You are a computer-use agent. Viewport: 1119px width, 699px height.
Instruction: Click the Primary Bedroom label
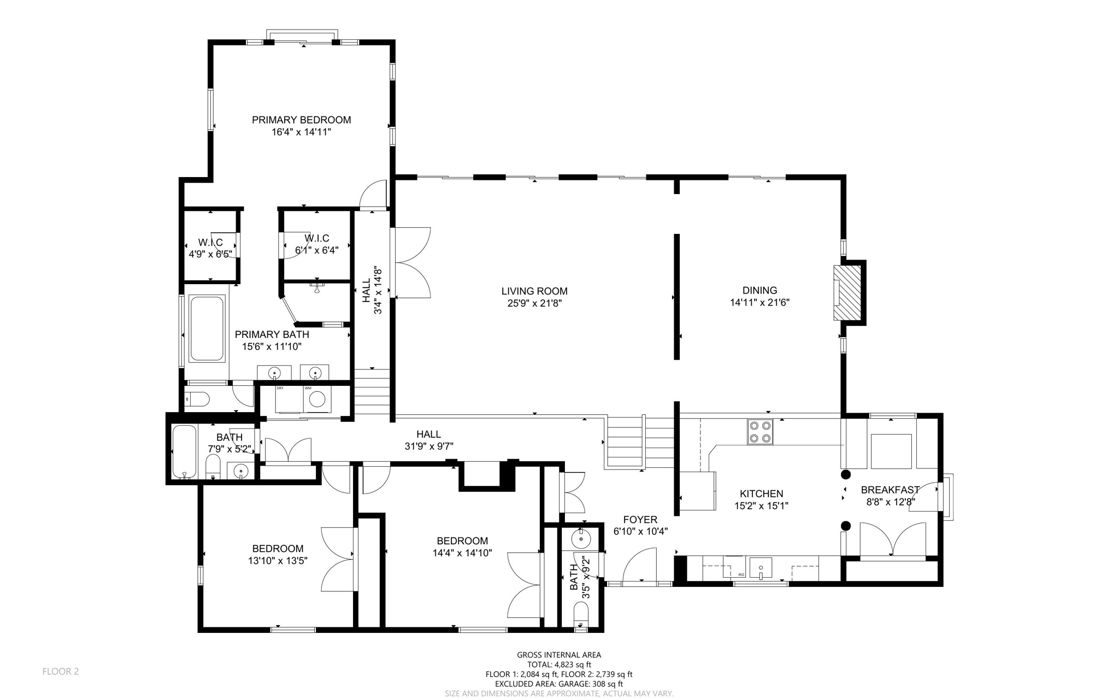[x=301, y=120]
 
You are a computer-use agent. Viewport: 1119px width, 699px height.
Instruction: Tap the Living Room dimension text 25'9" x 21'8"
[x=534, y=303]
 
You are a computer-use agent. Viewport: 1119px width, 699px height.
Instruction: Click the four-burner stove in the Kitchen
[x=760, y=431]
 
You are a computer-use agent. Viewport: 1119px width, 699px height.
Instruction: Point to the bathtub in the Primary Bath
[x=207, y=328]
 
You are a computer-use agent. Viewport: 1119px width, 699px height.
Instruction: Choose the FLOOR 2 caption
[x=61, y=671]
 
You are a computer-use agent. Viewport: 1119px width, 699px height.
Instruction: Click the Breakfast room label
[x=890, y=490]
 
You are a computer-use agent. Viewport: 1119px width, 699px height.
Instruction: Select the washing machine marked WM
[x=317, y=399]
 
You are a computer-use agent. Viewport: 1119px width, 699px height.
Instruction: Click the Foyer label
[x=640, y=519]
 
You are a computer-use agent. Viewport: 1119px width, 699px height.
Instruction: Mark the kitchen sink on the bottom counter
[x=761, y=568]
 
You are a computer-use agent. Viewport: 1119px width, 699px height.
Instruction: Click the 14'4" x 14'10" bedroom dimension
[x=462, y=553]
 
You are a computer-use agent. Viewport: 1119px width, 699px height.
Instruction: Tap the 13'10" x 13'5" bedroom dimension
[x=278, y=560]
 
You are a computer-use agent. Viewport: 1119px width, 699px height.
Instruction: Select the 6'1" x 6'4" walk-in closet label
[x=317, y=250]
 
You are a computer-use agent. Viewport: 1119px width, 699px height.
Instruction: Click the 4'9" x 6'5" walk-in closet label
[x=210, y=254]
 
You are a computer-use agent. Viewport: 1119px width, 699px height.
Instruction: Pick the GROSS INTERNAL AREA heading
[x=559, y=655]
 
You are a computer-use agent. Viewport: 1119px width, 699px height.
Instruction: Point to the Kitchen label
[x=761, y=494]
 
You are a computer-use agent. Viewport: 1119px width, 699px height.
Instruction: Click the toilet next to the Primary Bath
[x=197, y=400]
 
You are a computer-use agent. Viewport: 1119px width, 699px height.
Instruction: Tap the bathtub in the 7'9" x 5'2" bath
[x=184, y=452]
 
